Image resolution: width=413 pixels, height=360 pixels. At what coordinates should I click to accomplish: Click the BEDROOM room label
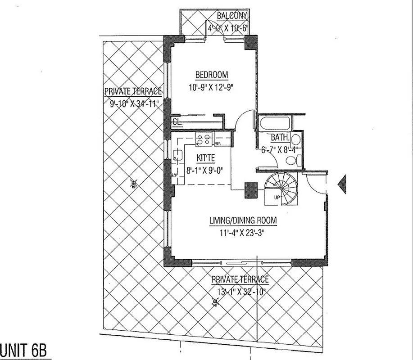(211, 75)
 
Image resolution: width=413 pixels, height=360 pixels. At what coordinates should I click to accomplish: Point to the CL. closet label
(177, 121)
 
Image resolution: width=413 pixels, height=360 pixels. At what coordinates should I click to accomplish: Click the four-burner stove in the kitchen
(204, 139)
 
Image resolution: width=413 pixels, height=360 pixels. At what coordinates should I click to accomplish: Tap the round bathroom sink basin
(296, 139)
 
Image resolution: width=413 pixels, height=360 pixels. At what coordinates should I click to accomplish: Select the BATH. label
(279, 138)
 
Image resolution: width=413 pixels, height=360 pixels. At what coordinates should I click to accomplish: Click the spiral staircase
(280, 188)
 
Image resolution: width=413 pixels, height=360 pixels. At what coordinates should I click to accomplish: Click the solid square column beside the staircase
(251, 190)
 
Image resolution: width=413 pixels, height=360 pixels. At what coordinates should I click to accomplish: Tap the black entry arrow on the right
(342, 184)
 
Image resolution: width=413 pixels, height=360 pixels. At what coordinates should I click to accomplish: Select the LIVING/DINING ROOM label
(243, 220)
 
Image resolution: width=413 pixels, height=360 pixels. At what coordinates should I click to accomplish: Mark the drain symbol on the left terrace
(133, 183)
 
